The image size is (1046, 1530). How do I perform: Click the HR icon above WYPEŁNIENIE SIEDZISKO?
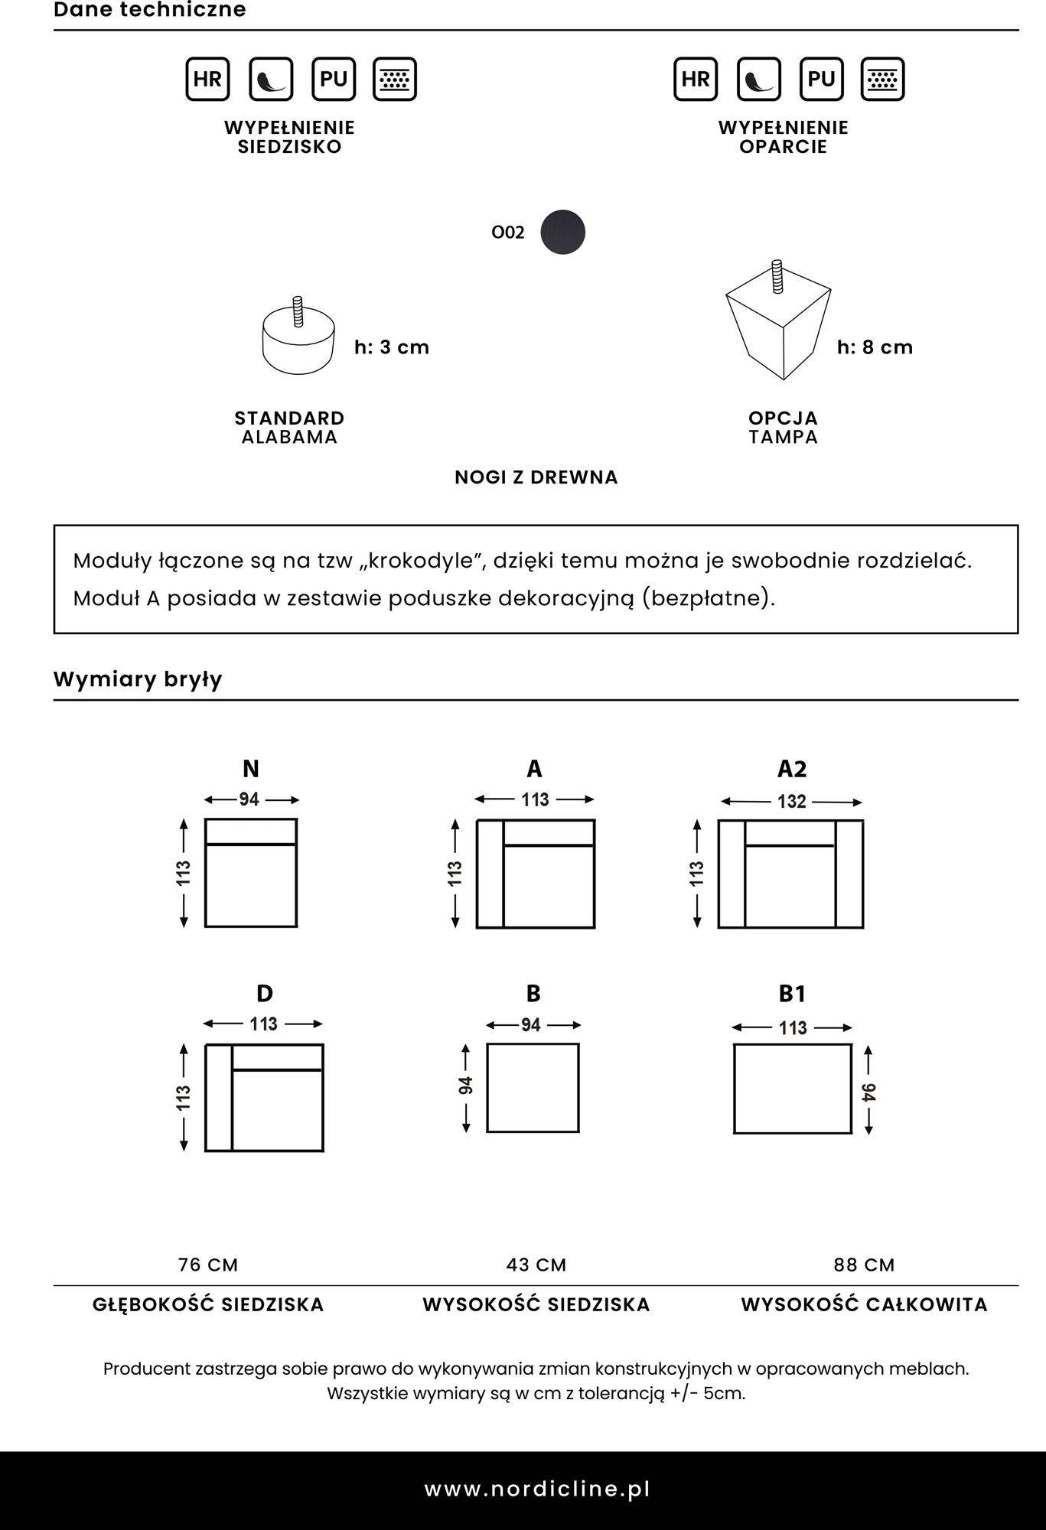(x=207, y=79)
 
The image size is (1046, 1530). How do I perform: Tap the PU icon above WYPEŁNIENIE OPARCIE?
(x=821, y=79)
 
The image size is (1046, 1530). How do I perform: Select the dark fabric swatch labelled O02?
(x=562, y=232)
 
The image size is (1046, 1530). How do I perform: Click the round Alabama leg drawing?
(x=298, y=340)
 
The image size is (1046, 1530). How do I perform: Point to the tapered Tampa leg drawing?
(x=779, y=325)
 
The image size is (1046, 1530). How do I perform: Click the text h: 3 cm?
(x=392, y=347)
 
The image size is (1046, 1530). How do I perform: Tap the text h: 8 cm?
(x=875, y=347)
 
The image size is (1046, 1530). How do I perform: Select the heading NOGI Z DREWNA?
(x=536, y=477)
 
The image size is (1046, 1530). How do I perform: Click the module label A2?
(x=792, y=768)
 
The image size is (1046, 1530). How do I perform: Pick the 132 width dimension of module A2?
(x=792, y=802)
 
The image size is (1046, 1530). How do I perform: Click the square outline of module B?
(x=533, y=1087)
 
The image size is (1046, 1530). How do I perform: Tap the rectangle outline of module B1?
(x=792, y=1088)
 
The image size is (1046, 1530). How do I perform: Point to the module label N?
(x=250, y=768)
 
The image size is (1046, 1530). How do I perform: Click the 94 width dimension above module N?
(x=249, y=799)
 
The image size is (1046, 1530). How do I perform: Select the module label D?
(x=264, y=993)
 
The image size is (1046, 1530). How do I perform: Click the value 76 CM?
(x=208, y=1265)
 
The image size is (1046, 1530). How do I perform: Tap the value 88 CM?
(x=864, y=1265)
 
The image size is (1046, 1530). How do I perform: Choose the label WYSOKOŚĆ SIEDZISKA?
(x=536, y=1304)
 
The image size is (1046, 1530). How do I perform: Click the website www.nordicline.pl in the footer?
(x=537, y=1489)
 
